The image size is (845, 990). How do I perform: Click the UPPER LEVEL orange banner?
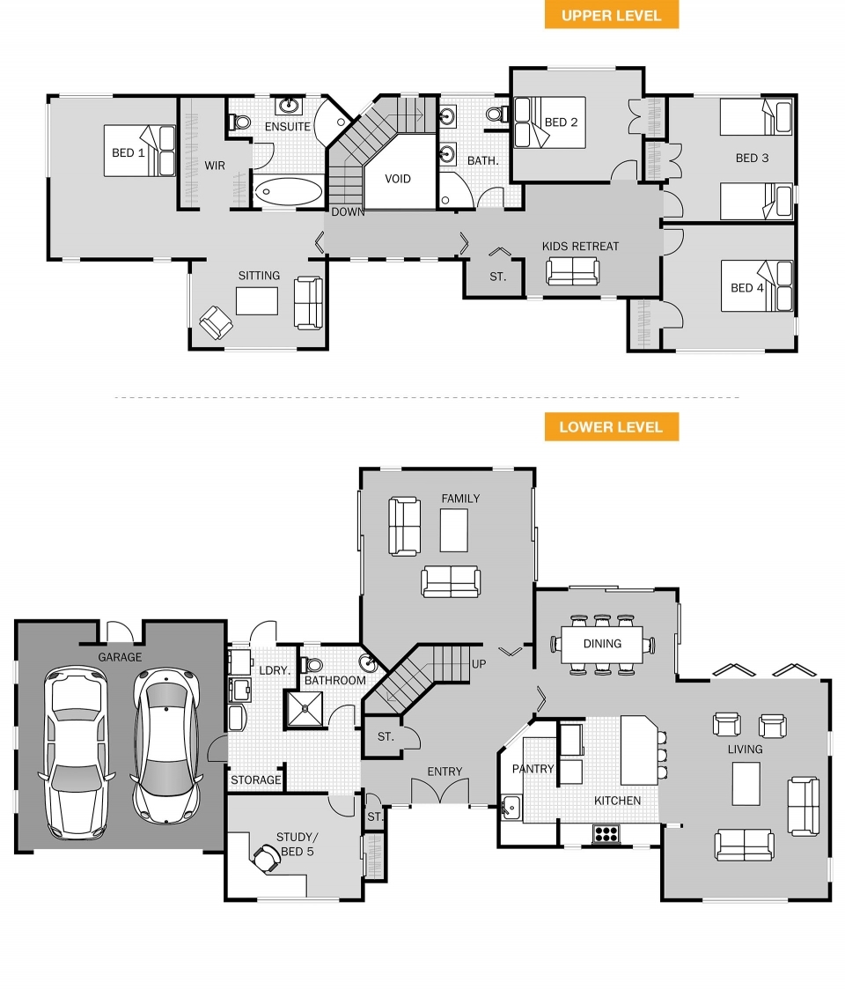[x=611, y=15]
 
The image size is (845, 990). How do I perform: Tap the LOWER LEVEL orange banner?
[x=611, y=427]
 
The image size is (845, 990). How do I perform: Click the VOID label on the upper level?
[x=398, y=179]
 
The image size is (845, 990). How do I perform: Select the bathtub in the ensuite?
[x=288, y=191]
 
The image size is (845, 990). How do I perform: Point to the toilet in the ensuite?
[x=239, y=121]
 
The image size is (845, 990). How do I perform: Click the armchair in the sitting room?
[x=216, y=322]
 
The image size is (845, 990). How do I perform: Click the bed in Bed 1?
[x=140, y=151]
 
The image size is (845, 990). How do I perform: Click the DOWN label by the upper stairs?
[x=348, y=212]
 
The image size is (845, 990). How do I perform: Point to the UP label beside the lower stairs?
[x=479, y=663]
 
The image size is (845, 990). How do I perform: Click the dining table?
[x=602, y=644]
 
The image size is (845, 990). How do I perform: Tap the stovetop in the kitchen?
[x=606, y=833]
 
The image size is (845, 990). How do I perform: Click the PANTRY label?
[x=533, y=769]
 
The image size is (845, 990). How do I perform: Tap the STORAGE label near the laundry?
[x=255, y=780]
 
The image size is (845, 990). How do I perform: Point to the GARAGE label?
[x=120, y=657]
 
